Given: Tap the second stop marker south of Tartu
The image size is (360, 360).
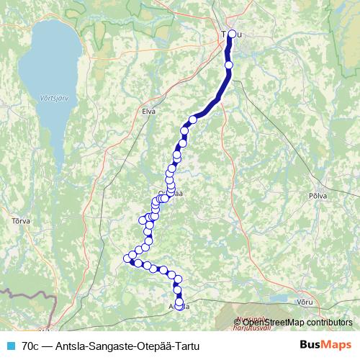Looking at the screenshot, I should (193, 120).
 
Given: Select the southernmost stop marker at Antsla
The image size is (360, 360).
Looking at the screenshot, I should (179, 305).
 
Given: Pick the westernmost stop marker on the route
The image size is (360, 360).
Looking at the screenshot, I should (128, 258).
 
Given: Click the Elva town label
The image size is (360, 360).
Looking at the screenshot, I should (149, 111).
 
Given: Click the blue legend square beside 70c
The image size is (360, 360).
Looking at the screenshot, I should (10, 345).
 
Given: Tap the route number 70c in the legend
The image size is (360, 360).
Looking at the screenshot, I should (30, 345).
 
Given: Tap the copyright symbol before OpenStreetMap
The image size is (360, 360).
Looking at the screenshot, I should (227, 323).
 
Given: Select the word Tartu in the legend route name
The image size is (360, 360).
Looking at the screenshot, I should (184, 345).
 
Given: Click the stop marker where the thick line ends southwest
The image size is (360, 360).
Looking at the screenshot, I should (193, 120).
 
